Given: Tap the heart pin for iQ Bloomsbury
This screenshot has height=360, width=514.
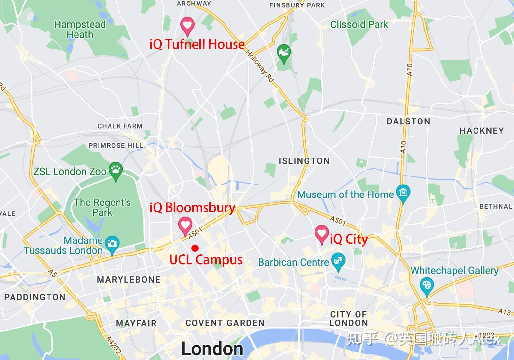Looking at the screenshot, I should click(185, 225).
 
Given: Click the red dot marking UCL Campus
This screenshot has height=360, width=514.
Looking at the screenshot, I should click(195, 248).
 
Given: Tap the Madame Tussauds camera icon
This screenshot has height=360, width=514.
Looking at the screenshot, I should click(112, 244).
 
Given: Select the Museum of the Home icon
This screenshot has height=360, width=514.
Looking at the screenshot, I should click(403, 193).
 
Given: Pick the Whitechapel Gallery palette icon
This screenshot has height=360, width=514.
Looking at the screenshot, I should click(427, 285).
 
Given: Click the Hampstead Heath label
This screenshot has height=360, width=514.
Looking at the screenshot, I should click(80, 29).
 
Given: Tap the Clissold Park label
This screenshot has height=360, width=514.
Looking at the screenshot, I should click(359, 24).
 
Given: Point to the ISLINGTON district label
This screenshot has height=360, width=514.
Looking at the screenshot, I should click(304, 161).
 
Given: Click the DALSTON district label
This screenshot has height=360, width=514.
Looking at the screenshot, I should click(408, 121).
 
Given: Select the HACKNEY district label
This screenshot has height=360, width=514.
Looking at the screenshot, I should click(482, 130).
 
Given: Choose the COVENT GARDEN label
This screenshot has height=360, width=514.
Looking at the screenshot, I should click(225, 323).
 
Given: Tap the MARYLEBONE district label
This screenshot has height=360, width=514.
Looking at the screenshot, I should click(128, 279).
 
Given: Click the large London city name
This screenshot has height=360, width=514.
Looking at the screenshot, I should click(212, 349).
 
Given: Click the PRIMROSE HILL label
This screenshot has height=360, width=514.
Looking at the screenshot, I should click(116, 145).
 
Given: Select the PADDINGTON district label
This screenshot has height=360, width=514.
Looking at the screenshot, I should click(35, 297).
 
